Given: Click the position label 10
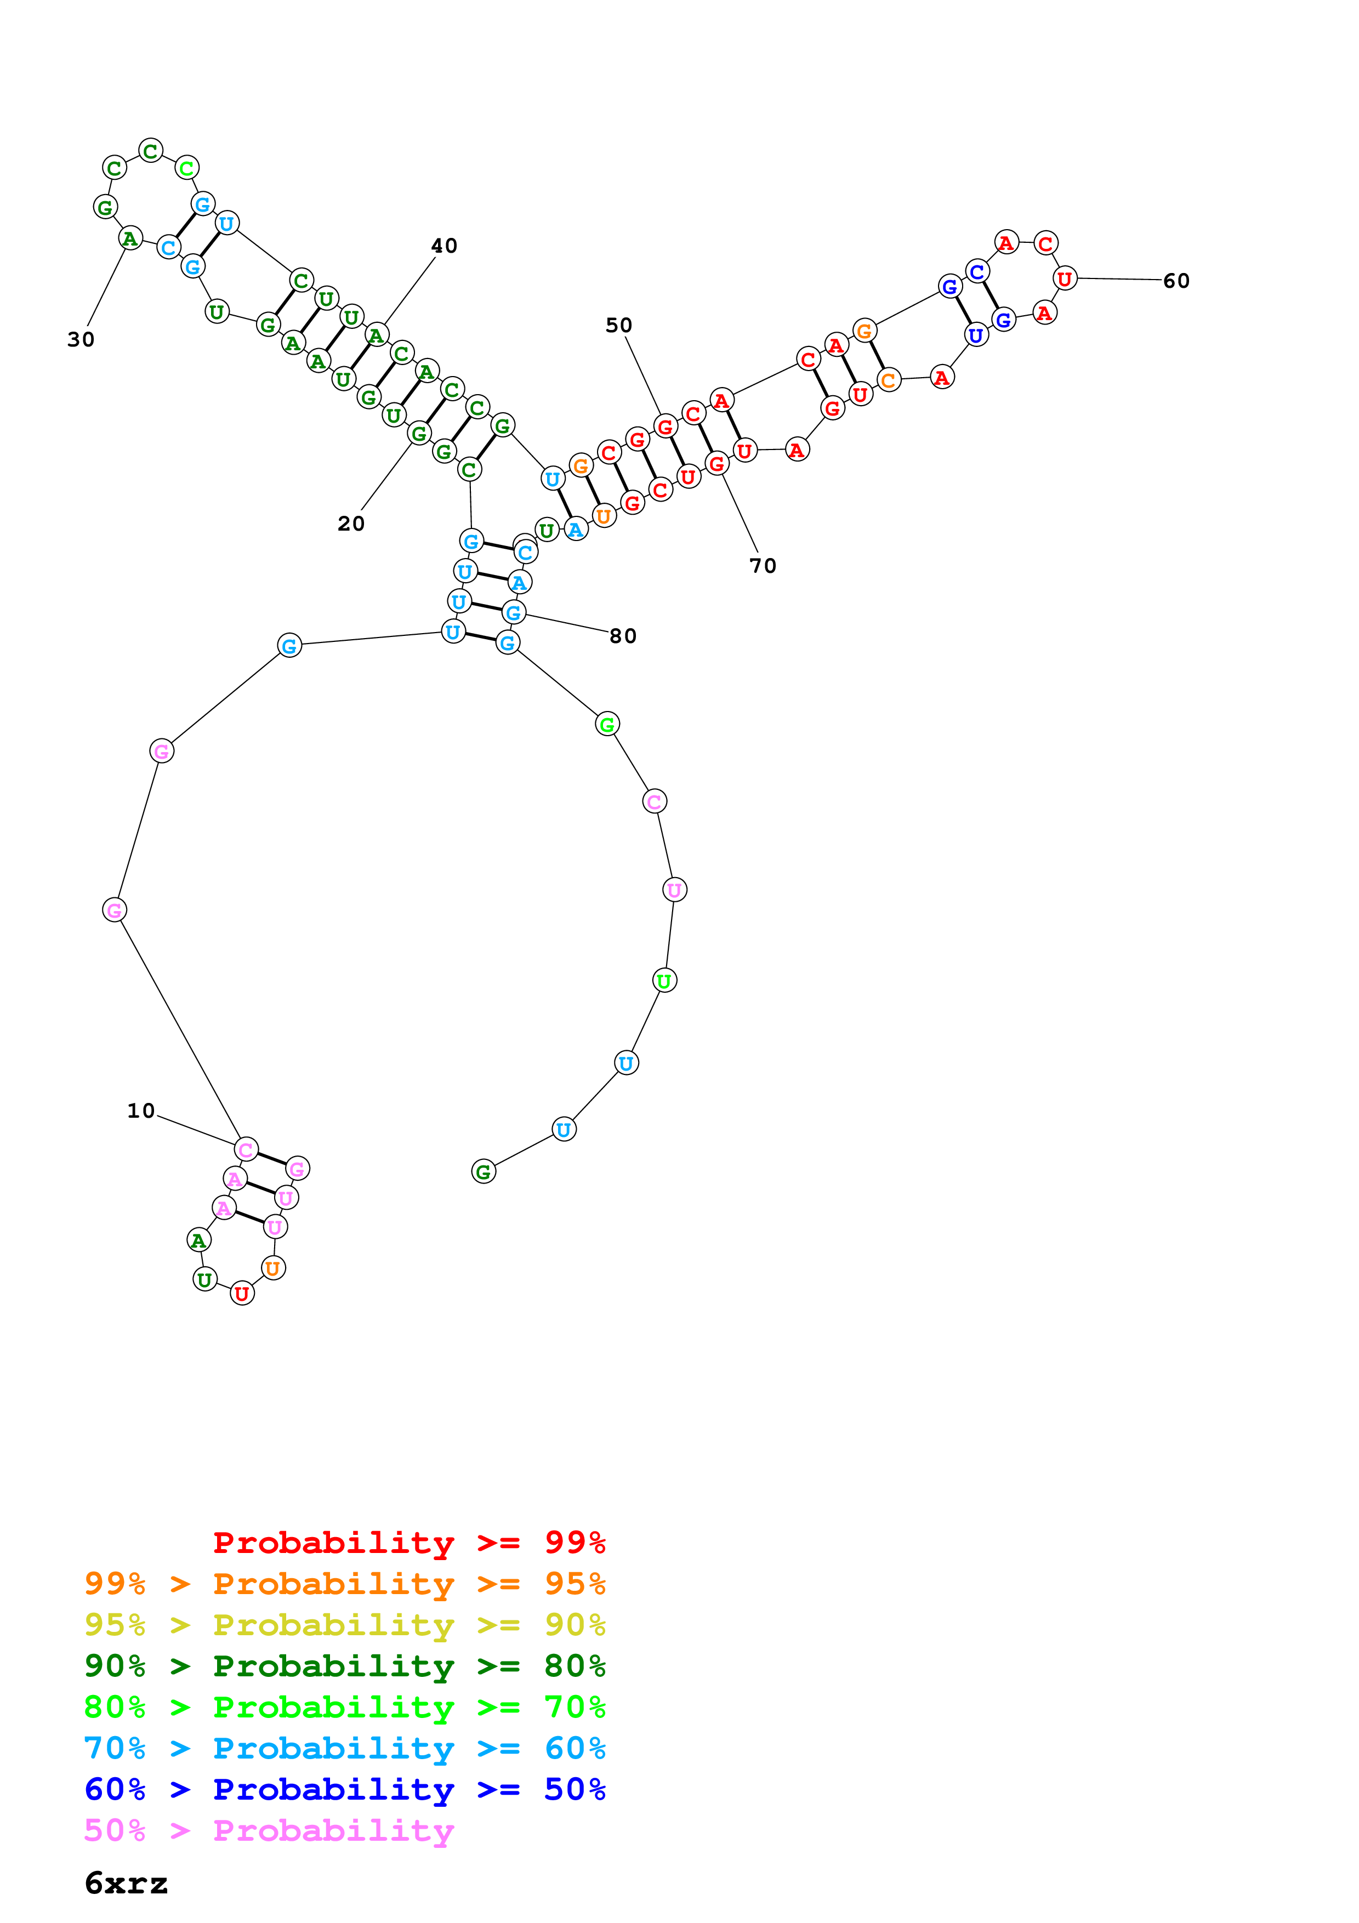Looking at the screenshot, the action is [141, 1111].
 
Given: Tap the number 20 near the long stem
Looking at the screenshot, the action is [351, 524].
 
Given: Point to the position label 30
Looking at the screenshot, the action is [81, 339].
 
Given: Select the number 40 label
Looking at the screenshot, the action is [444, 246].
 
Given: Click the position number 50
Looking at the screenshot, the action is [619, 325].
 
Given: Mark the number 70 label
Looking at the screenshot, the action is [763, 566].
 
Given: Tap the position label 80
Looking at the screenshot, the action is [623, 636].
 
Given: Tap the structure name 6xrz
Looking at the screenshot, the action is [126, 1884].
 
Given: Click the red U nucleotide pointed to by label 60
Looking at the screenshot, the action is [1064, 279].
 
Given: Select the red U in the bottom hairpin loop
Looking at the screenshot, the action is [242, 1294].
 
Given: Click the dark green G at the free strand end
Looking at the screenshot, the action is [483, 1171].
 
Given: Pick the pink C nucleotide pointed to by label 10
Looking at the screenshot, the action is [246, 1150].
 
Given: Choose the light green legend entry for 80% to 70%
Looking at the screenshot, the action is [344, 1707].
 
